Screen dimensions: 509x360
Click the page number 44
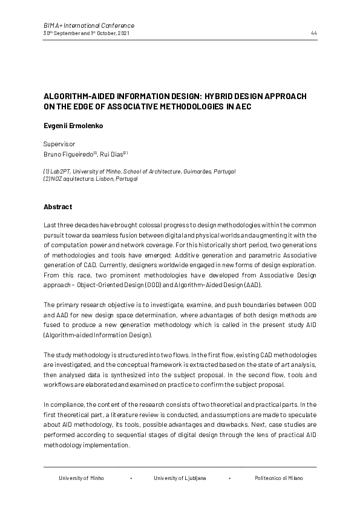coord(313,33)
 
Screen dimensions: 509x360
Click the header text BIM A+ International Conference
coord(89,25)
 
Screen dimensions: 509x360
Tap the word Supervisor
coord(59,144)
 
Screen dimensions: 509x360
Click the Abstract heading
coord(57,207)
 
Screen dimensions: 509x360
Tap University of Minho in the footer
coord(81,478)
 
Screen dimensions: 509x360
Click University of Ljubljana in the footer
coord(180,478)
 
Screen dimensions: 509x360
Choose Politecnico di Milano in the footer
coord(279,478)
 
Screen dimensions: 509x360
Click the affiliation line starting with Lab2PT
coord(139,172)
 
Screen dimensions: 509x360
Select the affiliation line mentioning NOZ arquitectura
coord(91,179)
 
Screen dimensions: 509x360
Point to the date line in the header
coord(86,33)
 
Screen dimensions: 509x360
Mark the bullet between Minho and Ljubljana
coord(131,478)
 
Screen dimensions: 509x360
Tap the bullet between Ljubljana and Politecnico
coord(230,478)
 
